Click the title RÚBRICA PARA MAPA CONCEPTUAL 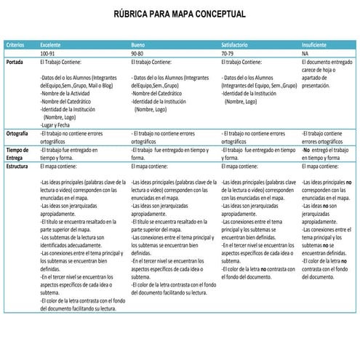pos(180,14)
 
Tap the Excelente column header pos(51,45)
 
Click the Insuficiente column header pos(317,45)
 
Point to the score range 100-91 pos(48,54)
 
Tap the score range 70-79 pos(228,54)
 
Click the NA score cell pos(305,54)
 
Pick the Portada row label pos(15,63)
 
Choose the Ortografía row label pos(17,135)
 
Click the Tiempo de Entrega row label pos(17,153)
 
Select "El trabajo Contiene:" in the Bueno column pos(153,63)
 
